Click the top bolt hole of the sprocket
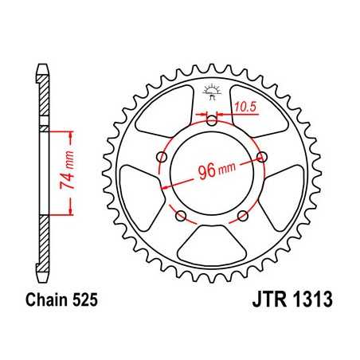(x=211, y=121)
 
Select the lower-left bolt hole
(x=180, y=217)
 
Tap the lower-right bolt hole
(x=243, y=217)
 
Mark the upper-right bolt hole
(x=262, y=157)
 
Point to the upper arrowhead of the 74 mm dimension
(x=72, y=131)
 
